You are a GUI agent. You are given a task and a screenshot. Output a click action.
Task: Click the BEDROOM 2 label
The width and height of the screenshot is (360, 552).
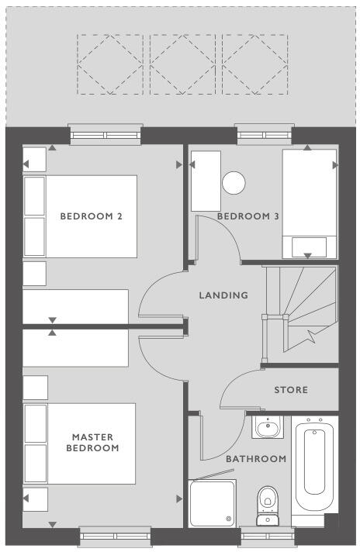(92, 216)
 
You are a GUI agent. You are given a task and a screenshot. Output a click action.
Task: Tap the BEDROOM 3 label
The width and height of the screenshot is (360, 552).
(247, 216)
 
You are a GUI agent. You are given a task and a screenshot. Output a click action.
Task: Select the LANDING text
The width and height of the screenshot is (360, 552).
(223, 295)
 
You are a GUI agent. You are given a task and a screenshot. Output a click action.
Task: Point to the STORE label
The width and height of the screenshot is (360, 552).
(291, 390)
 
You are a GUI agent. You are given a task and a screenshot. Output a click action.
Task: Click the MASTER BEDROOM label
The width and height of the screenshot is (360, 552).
(92, 443)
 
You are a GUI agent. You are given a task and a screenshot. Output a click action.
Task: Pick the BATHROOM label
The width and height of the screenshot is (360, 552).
(256, 459)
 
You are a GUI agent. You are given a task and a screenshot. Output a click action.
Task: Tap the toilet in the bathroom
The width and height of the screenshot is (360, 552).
(267, 499)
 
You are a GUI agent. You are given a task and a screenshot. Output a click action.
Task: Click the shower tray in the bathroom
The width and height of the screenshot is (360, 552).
(212, 502)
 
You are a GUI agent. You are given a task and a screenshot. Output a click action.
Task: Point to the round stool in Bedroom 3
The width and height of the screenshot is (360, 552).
(233, 183)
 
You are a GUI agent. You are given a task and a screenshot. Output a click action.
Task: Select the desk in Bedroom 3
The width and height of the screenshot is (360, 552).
(206, 180)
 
